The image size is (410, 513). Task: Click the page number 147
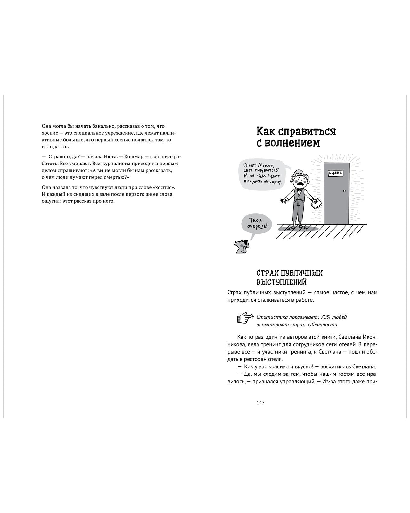[x=260, y=403]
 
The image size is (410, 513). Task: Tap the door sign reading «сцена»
[x=335, y=173]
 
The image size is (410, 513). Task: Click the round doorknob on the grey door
[x=344, y=191]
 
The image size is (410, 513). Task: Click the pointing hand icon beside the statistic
[x=245, y=318]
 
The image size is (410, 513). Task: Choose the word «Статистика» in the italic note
[x=270, y=317]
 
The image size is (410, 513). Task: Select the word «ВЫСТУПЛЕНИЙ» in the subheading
[x=282, y=282]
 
